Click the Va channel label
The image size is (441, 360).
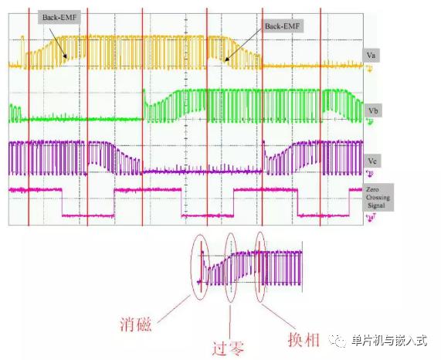371,55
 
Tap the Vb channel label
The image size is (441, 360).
373,110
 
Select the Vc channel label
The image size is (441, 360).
372,161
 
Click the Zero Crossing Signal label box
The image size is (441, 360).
378,198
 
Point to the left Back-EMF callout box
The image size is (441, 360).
59,18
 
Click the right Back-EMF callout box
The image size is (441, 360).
283,26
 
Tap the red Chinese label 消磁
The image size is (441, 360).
136,324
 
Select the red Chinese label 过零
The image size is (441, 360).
228,348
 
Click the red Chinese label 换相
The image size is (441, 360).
304,339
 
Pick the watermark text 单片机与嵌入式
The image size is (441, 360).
389,341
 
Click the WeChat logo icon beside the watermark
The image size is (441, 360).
338,341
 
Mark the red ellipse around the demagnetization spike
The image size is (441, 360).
191,267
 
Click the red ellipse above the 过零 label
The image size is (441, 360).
226,267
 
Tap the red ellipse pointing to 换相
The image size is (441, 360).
255,267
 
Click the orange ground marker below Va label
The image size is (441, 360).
369,69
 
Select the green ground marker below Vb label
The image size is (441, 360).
371,121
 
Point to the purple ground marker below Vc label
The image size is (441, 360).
370,174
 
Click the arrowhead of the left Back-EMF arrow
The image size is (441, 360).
66,57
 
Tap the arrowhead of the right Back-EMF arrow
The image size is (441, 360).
225,60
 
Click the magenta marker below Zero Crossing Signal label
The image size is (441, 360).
371,217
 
